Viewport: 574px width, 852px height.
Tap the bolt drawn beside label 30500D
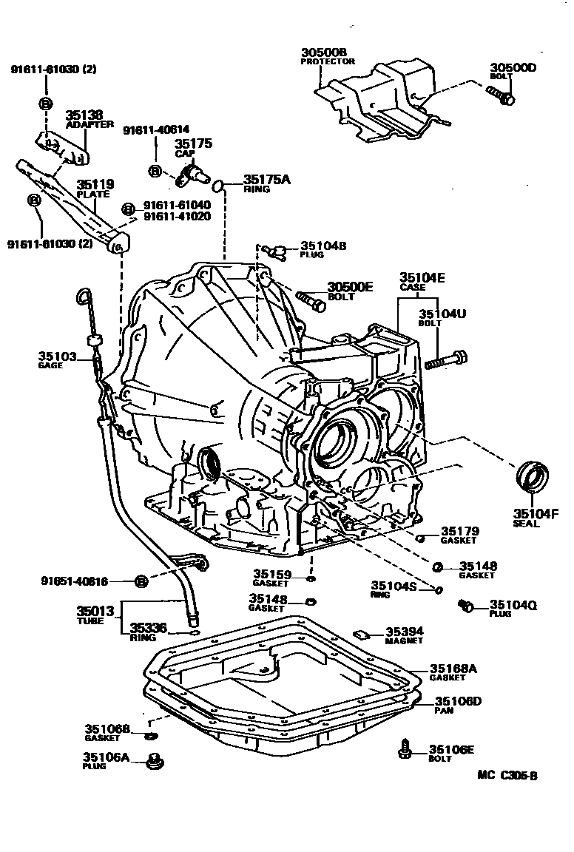point(500,94)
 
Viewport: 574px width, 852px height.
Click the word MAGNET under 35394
point(404,641)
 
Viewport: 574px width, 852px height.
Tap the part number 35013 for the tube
point(95,612)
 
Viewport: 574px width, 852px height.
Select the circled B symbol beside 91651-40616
point(142,581)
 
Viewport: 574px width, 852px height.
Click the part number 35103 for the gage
point(58,356)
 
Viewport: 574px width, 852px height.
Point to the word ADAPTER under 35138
point(90,124)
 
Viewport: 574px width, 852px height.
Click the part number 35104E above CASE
point(422,277)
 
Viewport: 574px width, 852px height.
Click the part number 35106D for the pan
point(458,701)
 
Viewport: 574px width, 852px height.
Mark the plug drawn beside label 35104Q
point(467,606)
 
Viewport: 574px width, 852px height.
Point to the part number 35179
point(460,531)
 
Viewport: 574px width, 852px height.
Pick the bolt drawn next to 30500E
point(311,300)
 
